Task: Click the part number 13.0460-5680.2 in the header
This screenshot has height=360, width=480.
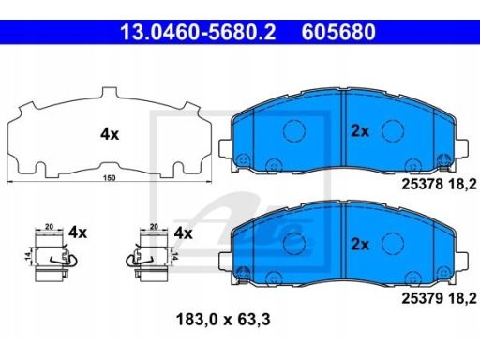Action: pyautogui.click(x=198, y=32)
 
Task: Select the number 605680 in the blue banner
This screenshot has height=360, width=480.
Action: pyautogui.click(x=338, y=32)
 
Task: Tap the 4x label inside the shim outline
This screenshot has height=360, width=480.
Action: pyautogui.click(x=110, y=134)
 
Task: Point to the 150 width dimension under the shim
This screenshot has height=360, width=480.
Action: pyautogui.click(x=110, y=178)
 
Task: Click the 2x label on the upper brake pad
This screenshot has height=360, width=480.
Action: pyautogui.click(x=360, y=131)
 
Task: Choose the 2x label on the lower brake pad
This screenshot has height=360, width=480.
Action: pyautogui.click(x=360, y=244)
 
